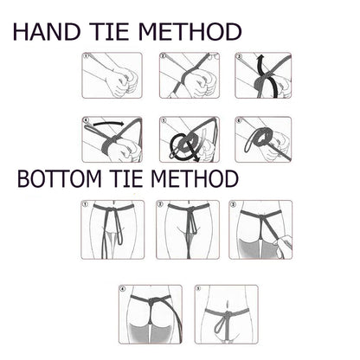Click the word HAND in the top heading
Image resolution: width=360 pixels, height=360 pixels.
pyautogui.click(x=47, y=32)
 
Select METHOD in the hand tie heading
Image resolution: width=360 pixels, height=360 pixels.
pyautogui.click(x=190, y=32)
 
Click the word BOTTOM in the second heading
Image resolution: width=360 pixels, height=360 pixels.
pyautogui.click(x=60, y=179)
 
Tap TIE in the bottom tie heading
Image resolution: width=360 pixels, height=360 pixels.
pyautogui.click(x=127, y=179)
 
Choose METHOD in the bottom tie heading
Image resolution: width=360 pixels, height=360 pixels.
pyautogui.click(x=195, y=179)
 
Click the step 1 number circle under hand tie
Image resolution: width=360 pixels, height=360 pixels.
pyautogui.click(x=86, y=56)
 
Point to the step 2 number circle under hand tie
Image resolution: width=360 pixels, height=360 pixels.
pyautogui.click(x=163, y=56)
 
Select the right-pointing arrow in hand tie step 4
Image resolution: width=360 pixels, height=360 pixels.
pyautogui.click(x=108, y=124)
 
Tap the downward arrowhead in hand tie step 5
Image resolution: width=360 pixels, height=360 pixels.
pyautogui.click(x=196, y=158)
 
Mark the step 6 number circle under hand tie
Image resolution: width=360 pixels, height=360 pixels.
pyautogui.click(x=239, y=120)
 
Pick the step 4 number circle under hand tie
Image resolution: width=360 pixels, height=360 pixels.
pyautogui.click(x=86, y=120)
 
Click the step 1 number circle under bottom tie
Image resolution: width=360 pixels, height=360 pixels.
pyautogui.click(x=85, y=204)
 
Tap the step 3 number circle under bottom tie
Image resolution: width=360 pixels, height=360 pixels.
pyautogui.click(x=233, y=204)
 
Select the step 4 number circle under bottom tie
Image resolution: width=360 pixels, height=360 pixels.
pyautogui.click(x=123, y=289)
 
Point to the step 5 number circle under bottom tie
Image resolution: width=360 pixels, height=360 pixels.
pyautogui.click(x=198, y=289)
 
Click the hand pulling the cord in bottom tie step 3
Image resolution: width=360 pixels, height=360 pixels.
pyautogui.click(x=283, y=246)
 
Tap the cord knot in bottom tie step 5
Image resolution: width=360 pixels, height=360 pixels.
pyautogui.click(x=227, y=314)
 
